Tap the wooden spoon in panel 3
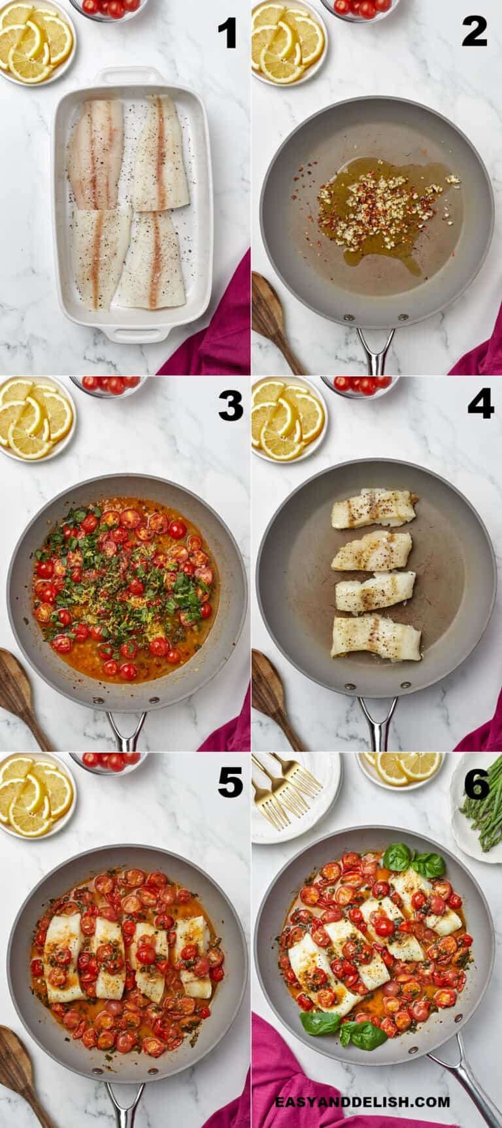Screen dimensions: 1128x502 [x=23, y=692]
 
